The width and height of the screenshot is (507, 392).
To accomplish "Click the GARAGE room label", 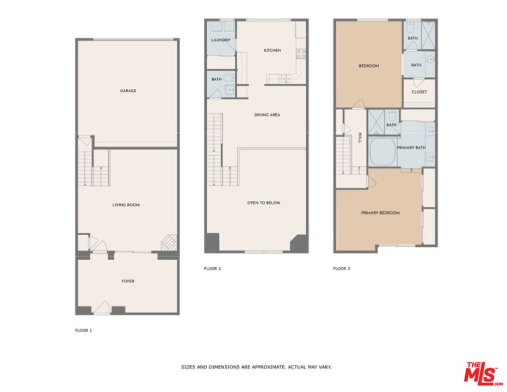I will (x=128, y=91).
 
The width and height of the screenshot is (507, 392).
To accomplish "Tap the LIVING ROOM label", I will (x=126, y=205).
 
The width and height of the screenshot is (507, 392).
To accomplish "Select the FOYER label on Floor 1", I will (x=127, y=281).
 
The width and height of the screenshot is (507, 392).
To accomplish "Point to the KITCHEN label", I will (x=272, y=51).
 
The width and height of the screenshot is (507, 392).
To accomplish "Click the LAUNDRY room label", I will (x=220, y=40).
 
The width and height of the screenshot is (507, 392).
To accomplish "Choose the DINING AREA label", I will (x=267, y=115).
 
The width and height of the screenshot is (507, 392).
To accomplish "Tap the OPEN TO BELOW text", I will (x=263, y=203).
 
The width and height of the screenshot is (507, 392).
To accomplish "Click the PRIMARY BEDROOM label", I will (x=380, y=213).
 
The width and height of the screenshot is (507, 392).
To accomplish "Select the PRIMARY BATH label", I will (x=411, y=148).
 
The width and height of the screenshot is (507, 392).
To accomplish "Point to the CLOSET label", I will (x=419, y=92).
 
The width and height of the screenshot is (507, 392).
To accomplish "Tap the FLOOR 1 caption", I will (x=83, y=330).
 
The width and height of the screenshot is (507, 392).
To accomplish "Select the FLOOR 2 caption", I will (x=212, y=268).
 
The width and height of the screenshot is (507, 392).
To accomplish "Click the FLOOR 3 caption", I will (x=342, y=268).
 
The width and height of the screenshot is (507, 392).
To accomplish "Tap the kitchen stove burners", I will (x=300, y=53).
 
